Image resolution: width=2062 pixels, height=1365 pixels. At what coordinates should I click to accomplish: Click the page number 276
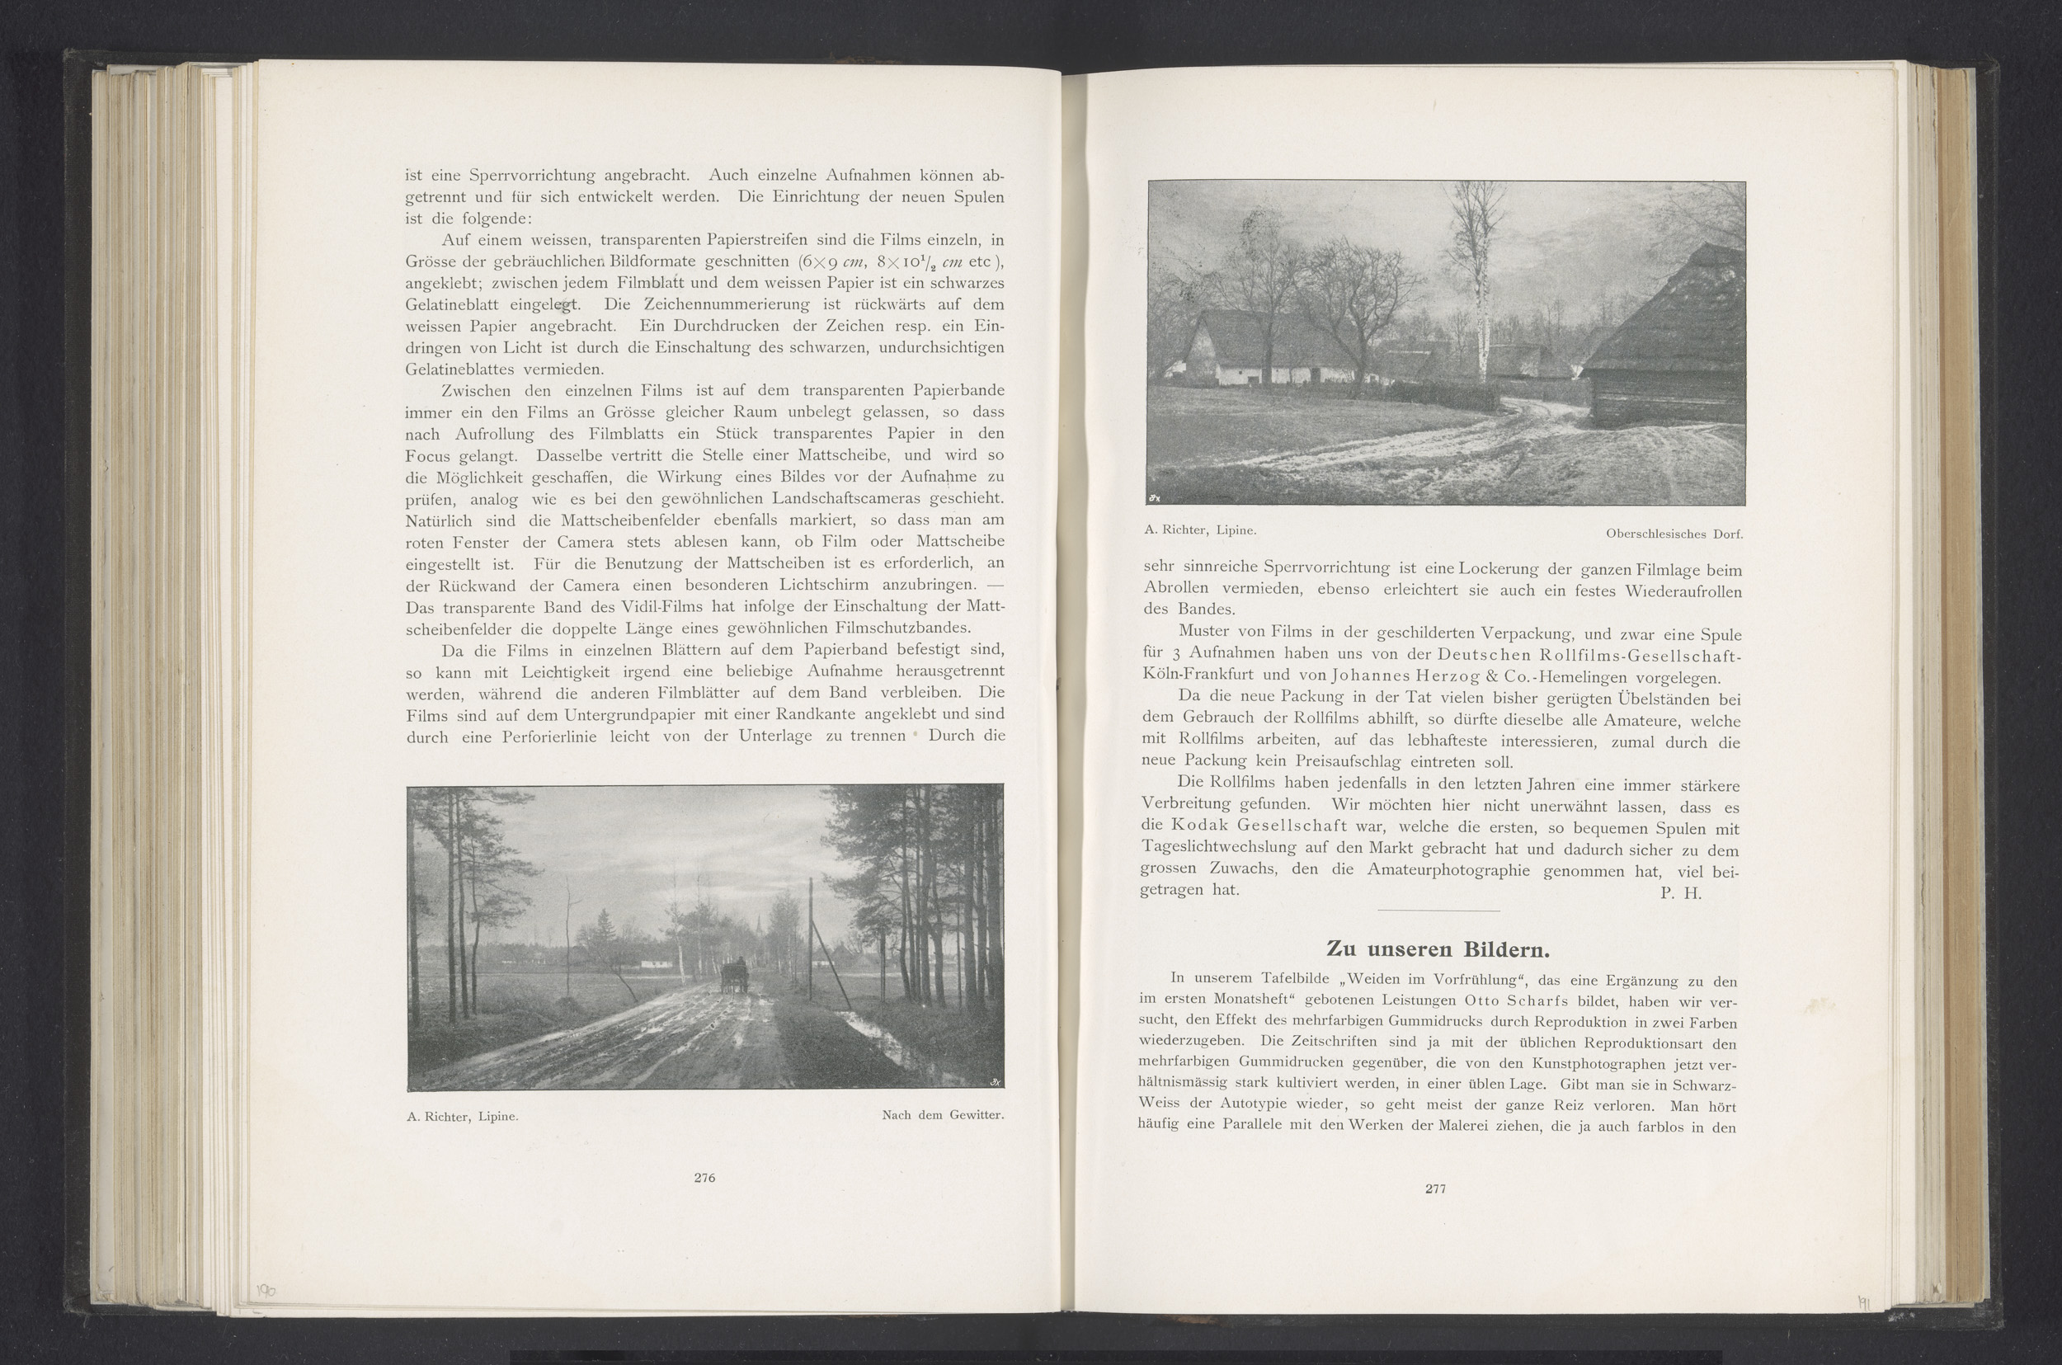(704, 1178)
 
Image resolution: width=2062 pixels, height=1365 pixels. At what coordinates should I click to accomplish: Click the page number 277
(1435, 1188)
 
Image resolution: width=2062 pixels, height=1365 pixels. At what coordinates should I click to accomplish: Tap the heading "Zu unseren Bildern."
(1437, 948)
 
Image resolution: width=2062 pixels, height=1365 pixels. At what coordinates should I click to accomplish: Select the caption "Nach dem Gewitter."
(943, 1115)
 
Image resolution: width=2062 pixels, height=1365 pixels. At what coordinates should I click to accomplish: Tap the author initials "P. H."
(1680, 893)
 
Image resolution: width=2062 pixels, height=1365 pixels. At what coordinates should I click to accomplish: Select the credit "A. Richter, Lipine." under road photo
(462, 1117)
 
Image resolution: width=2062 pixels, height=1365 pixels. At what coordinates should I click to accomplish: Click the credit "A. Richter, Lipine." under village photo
(1200, 530)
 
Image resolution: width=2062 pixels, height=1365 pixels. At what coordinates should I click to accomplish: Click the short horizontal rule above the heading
(1438, 911)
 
